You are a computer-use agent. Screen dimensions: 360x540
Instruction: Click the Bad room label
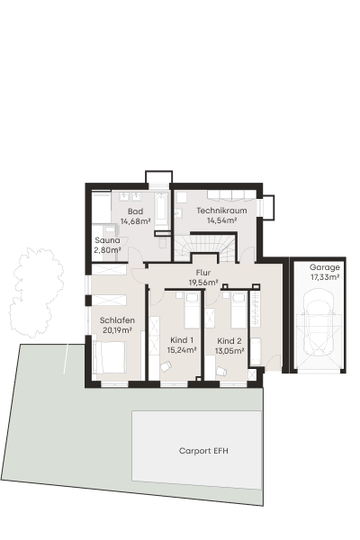[135, 211]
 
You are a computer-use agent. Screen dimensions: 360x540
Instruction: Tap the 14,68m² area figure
[135, 221]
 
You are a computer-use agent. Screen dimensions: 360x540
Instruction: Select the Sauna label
[107, 240]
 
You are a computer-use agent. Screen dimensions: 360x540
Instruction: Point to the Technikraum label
[221, 210]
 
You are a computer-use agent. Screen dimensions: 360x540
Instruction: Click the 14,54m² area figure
[221, 220]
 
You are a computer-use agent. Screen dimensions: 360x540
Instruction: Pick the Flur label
[203, 273]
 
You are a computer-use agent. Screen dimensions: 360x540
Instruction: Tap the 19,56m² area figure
[203, 283]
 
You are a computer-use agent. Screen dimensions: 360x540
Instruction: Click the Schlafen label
[117, 320]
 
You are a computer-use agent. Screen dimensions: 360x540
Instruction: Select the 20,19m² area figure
[117, 330]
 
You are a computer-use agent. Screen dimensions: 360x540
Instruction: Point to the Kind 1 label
[182, 340]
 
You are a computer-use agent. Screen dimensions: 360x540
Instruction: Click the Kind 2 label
[229, 341]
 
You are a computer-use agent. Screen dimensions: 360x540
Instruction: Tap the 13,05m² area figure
[229, 351]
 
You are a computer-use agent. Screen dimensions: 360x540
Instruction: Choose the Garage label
[325, 267]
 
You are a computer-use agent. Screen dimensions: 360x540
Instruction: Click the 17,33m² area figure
[325, 276]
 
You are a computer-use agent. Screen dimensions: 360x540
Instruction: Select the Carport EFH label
[203, 451]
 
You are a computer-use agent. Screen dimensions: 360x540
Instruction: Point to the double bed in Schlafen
[110, 357]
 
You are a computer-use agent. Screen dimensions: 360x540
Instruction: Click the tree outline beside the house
[36, 292]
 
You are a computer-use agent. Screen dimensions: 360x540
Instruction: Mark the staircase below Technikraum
[206, 247]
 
